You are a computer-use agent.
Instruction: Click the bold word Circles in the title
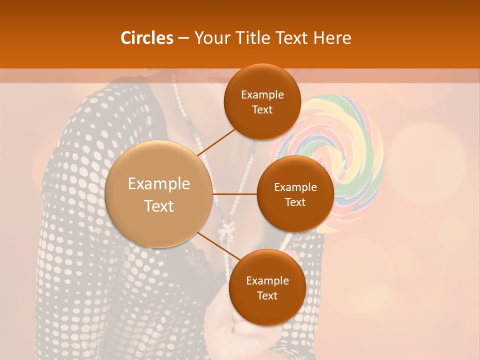click(146, 38)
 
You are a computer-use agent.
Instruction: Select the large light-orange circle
click(159, 194)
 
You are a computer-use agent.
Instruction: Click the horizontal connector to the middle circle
click(235, 194)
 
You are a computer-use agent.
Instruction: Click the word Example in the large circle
click(159, 184)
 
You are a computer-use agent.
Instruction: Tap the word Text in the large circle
click(159, 206)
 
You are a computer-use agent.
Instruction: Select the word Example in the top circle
click(262, 95)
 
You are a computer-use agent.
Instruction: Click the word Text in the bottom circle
click(267, 295)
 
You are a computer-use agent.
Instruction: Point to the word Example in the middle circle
click(295, 187)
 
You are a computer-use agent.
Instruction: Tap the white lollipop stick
click(284, 242)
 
